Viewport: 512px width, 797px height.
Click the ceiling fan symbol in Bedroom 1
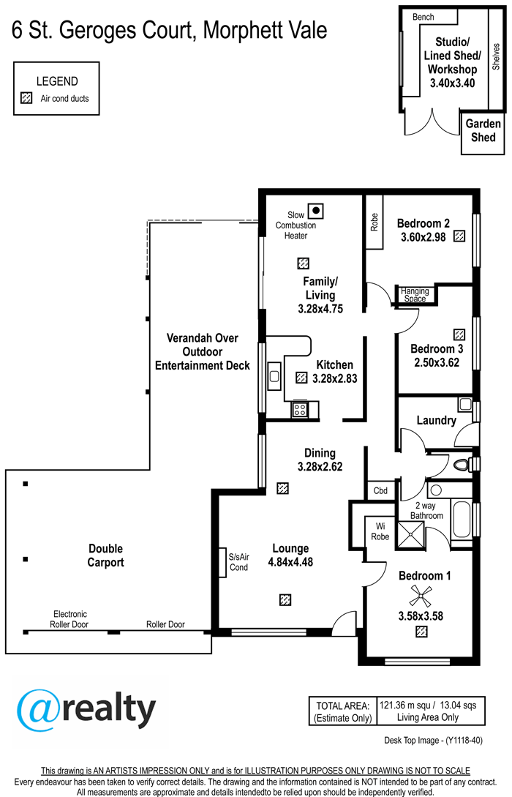(421, 595)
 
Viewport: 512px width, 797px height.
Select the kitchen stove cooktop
(300, 410)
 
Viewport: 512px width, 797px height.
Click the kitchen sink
(274, 376)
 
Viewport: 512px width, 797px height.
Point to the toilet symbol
(464, 464)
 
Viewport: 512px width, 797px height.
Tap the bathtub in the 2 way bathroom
(462, 520)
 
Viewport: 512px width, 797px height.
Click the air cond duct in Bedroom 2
(459, 236)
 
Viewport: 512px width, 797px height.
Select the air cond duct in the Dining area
(283, 488)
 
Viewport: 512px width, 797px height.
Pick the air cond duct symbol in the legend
(26, 97)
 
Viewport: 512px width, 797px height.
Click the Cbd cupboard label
(380, 490)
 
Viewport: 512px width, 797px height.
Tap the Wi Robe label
(380, 531)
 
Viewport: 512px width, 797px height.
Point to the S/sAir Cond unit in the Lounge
(222, 562)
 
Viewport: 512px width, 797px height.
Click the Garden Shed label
(483, 130)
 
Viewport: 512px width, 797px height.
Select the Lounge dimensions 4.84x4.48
(290, 562)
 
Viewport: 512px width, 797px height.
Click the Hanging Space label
(415, 295)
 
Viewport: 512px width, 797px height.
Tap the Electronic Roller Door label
(69, 619)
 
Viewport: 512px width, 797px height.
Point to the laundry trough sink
(465, 405)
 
